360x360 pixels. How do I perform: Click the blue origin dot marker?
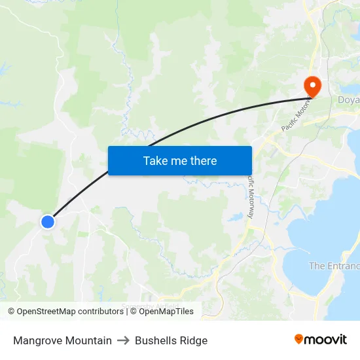(x=47, y=222)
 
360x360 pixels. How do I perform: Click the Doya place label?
(x=348, y=100)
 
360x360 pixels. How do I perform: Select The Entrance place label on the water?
(x=334, y=266)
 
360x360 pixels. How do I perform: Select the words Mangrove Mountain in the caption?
(x=62, y=340)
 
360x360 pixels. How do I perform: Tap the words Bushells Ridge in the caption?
(x=171, y=340)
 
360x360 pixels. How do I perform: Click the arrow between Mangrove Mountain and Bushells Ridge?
(x=123, y=340)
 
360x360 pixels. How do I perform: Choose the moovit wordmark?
(x=325, y=339)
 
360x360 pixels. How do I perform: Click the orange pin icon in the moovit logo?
(x=299, y=339)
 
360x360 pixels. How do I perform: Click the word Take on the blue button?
(x=154, y=160)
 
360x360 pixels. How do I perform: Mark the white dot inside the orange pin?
(x=311, y=84)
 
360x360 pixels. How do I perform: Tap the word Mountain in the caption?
(x=88, y=340)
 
